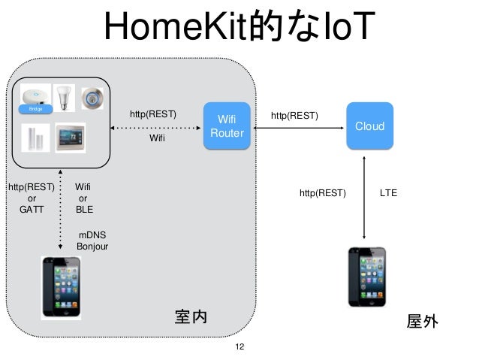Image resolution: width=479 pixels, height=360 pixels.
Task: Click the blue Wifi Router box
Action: (227, 126)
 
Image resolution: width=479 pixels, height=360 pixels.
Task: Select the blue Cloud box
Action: (369, 126)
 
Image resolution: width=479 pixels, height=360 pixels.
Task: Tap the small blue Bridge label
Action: (35, 109)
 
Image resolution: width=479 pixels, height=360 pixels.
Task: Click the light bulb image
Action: (64, 97)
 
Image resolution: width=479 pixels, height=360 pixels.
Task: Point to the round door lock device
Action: (92, 97)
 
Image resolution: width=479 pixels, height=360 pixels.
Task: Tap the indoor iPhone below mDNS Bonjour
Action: (59, 288)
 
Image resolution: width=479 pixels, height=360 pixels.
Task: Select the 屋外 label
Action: (421, 322)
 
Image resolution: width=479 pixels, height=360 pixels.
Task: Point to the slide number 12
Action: (239, 347)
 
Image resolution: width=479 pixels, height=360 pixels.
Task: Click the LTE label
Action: (388, 193)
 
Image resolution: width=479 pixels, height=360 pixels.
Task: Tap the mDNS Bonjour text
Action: (92, 241)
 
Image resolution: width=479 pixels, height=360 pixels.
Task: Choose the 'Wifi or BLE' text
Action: (84, 198)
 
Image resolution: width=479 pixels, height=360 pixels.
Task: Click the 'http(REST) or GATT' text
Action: (31, 198)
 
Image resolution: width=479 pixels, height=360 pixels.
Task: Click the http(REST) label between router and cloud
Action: (294, 116)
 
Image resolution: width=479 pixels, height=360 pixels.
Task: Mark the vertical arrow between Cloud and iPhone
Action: (364, 197)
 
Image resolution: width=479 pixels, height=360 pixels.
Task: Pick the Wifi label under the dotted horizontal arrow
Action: (157, 139)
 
